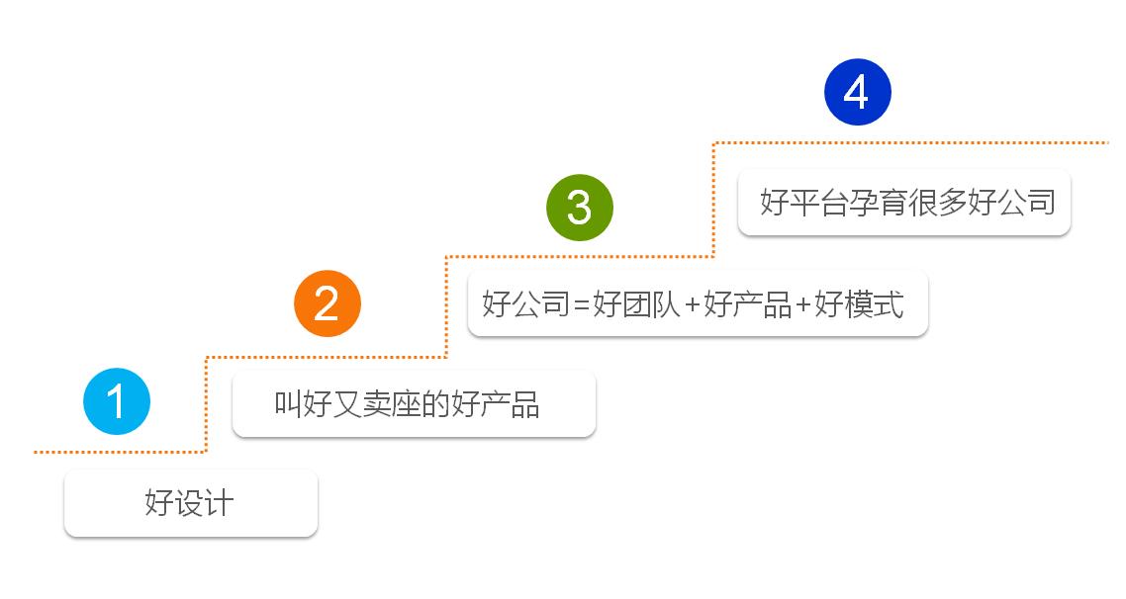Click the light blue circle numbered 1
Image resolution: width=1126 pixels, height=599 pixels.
click(117, 401)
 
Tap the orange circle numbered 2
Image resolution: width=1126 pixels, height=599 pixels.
click(328, 303)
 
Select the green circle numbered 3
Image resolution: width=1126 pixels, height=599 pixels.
click(580, 208)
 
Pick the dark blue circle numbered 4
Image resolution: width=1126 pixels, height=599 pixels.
click(858, 92)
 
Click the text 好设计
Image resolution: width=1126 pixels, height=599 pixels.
click(190, 503)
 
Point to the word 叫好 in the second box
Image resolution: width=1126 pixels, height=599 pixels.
click(303, 404)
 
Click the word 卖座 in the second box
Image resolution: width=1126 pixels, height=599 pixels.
click(392, 404)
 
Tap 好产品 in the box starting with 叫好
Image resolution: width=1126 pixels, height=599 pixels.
click(496, 404)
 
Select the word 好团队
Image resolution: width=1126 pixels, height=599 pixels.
click(636, 304)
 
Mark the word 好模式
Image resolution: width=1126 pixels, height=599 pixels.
click(859, 304)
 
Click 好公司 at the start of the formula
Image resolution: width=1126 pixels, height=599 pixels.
click(526, 304)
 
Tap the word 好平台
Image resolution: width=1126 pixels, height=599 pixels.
click(804, 203)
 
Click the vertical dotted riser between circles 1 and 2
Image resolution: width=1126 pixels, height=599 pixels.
click(206, 404)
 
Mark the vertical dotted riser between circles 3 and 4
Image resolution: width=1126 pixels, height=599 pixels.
click(713, 200)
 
